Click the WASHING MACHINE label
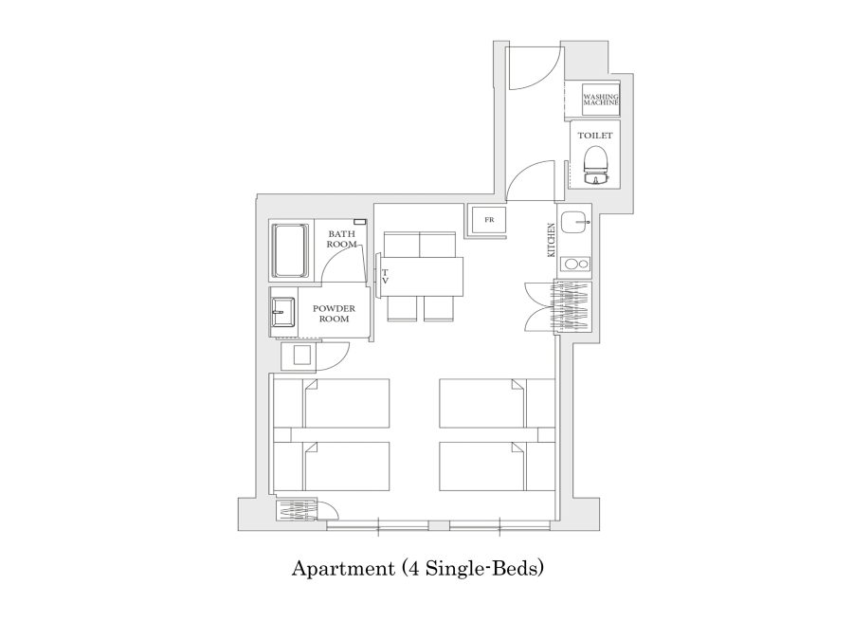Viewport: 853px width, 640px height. coord(601,100)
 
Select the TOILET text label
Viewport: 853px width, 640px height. coord(595,136)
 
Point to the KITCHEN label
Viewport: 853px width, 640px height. coord(551,240)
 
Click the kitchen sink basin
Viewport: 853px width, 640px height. coord(576,222)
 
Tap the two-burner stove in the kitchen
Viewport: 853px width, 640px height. coord(576,265)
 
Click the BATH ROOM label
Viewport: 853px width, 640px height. coord(341,240)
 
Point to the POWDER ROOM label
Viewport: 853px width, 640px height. coord(334,314)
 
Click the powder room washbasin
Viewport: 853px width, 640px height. coord(282,312)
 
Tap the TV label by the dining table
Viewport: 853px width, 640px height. coord(385,277)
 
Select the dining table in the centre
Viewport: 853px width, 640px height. coord(421,277)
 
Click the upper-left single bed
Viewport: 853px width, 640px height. coord(332,403)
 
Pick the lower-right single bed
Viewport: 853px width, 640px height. coord(496,466)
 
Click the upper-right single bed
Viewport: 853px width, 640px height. coord(496,403)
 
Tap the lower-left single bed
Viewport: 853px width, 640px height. coord(332,466)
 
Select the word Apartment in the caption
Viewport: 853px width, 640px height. coord(343,569)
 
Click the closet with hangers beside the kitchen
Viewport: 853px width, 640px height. coord(572,306)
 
